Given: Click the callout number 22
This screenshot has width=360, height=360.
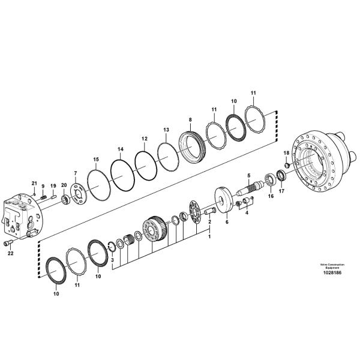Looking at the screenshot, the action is click(11, 253).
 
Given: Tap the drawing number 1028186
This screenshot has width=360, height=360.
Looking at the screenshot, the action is click(332, 273).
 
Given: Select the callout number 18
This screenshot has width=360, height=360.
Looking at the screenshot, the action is click(287, 153).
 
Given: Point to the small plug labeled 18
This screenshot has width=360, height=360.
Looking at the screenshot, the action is click(287, 164).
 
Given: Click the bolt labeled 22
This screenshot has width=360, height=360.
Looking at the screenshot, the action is click(8, 242).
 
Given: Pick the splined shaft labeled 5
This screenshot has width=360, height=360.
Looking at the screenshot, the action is click(251, 188).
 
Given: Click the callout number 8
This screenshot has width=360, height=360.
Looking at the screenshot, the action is click(190, 119).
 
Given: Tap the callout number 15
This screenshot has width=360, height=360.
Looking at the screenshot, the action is click(96, 160).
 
